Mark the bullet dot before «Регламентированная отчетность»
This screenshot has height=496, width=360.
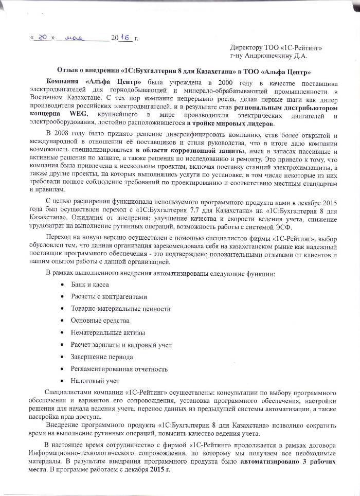(62, 369)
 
